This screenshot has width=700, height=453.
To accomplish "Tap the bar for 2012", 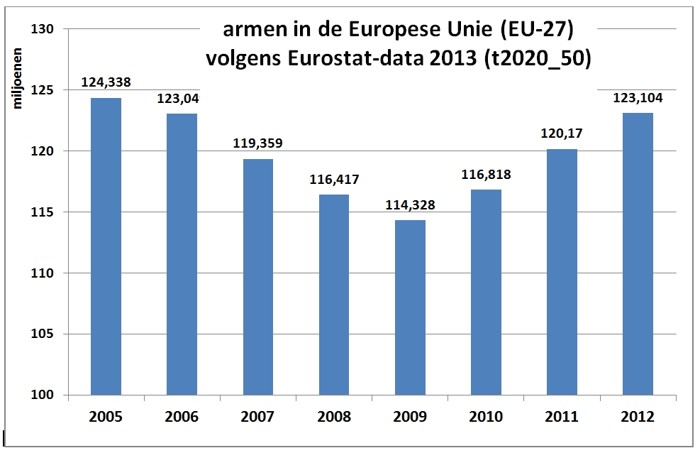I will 638,253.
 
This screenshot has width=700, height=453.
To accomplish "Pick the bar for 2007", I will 258,276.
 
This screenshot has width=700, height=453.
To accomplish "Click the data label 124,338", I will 106,83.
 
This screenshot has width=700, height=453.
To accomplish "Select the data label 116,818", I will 487,175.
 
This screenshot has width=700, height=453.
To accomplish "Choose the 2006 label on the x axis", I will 182,417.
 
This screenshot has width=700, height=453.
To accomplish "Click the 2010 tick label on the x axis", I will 486,417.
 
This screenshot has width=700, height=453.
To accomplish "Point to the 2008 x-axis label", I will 334,417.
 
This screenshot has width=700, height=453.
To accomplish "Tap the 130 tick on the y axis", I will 44,29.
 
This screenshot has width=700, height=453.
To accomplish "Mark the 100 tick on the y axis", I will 44,395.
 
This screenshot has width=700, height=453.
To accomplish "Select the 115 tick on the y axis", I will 44,212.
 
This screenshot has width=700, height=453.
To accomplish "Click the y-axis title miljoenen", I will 18,78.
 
